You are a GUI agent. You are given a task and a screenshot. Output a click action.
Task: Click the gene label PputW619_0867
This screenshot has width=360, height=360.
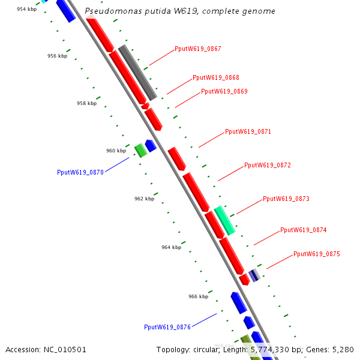pos(198,49)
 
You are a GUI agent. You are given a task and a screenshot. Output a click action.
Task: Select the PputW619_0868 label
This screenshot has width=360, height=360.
pos(216,78)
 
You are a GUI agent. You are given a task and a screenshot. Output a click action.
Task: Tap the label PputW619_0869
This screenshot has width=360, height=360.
pos(224,92)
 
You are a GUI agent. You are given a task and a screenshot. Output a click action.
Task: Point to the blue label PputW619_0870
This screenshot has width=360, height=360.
pos(80,172)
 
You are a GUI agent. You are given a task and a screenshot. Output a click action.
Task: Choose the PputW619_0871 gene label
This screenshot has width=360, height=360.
pos(248,131)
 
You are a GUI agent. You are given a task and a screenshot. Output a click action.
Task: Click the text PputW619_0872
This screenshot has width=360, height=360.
pos(268,165)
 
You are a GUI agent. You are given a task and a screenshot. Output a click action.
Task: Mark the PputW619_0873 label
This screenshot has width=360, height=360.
pos(286,199)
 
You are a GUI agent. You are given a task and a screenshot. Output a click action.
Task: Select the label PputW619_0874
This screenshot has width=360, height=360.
pos(304,230)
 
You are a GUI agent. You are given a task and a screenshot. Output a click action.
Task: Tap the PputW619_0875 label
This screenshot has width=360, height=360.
pos(317,254)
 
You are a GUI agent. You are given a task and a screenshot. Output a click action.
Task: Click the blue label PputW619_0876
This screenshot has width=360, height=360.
pos(167,327)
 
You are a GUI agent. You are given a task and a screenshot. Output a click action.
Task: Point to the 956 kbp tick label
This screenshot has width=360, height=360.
pos(57,56)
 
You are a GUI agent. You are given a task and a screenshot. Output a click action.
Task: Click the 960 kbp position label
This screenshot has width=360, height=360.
pos(116,151)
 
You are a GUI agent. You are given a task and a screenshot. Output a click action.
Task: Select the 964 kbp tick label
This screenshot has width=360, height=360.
pos(171,247)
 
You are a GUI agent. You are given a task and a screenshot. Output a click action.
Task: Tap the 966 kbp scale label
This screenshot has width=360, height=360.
pos(198,296)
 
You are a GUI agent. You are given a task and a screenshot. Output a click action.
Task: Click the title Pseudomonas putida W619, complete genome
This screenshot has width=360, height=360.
pos(180,11)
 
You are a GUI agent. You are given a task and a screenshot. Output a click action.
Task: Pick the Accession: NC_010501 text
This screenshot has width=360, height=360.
pos(46,350)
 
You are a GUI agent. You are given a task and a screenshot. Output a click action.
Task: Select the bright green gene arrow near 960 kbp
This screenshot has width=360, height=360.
pos(140,150)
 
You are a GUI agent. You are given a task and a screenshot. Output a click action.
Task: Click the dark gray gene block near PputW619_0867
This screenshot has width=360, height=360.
pos(137,72)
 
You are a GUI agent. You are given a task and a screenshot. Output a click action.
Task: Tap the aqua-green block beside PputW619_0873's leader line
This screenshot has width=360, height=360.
pos(224,220)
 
